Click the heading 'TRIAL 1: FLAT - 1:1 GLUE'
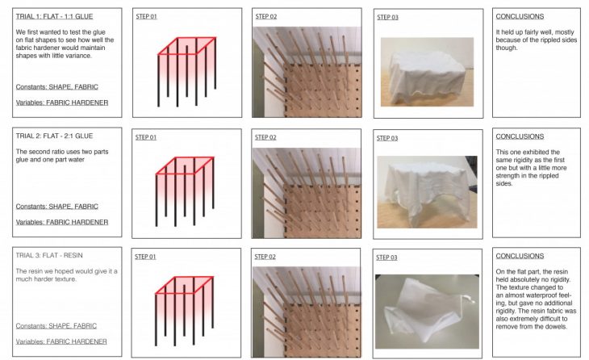[54, 16]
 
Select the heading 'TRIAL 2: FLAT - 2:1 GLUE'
[54, 136]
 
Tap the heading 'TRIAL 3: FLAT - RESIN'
[49, 256]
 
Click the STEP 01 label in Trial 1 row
[146, 16]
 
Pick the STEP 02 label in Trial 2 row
[265, 137]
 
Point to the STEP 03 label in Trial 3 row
[386, 257]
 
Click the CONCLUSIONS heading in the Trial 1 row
[520, 16]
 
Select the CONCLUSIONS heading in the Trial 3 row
[520, 256]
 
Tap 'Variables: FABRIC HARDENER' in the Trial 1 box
[62, 103]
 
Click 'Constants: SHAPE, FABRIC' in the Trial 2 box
[56, 207]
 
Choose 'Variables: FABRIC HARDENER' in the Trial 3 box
[61, 341]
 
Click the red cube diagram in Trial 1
[187, 71]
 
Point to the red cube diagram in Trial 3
[185, 311]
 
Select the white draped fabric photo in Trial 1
[427, 72]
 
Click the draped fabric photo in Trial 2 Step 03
[427, 192]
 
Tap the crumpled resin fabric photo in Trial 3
[427, 312]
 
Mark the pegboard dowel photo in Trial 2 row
[307, 193]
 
